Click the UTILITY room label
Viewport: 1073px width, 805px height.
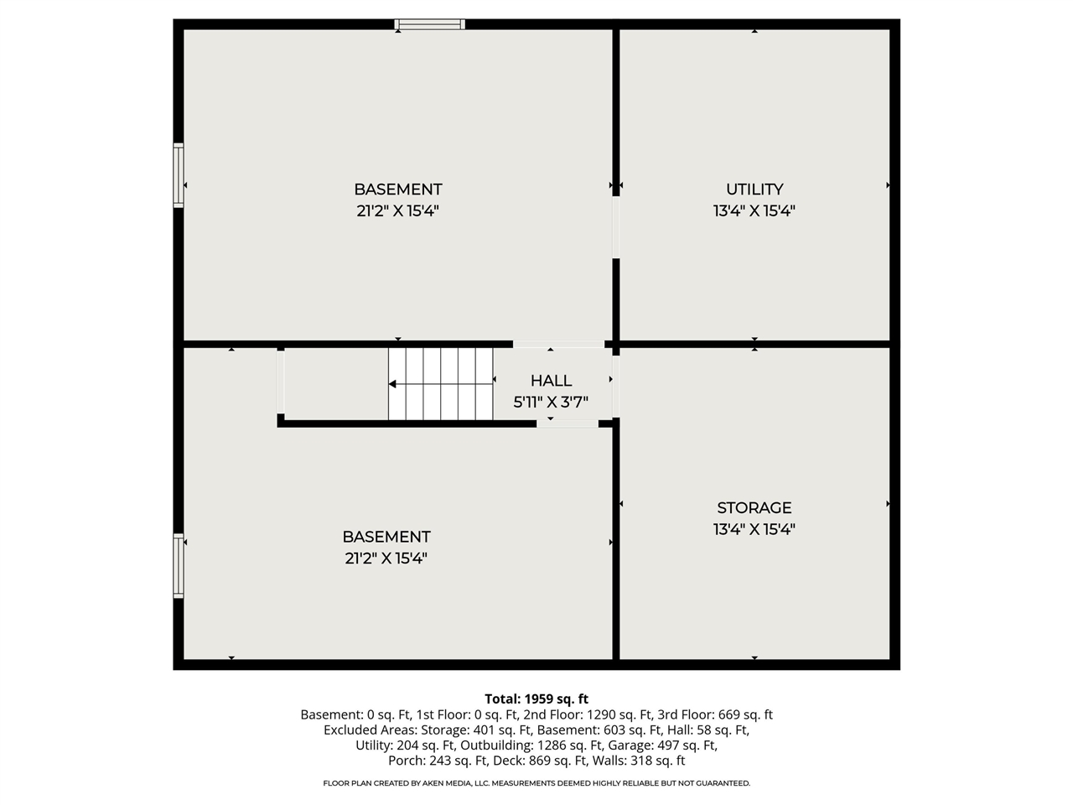754,190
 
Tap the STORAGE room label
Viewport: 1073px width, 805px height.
754,507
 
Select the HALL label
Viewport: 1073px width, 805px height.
551,381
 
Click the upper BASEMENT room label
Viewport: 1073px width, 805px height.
397,190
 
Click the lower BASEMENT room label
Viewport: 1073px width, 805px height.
386,537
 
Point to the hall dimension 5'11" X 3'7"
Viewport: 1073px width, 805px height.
551,402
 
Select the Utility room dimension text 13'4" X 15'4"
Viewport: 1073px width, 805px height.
754,211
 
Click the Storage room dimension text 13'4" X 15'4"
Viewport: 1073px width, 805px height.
754,529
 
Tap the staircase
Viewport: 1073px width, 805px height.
440,384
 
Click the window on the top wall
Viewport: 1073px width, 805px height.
429,24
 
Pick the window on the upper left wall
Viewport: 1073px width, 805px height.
179,174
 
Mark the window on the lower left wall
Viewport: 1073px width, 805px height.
179,566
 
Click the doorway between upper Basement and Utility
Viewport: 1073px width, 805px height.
616,226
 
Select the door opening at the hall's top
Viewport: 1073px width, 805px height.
558,344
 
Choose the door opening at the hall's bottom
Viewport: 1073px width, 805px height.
568,423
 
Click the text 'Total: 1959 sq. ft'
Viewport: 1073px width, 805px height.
536,699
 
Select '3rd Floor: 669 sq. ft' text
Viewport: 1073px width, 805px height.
715,715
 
